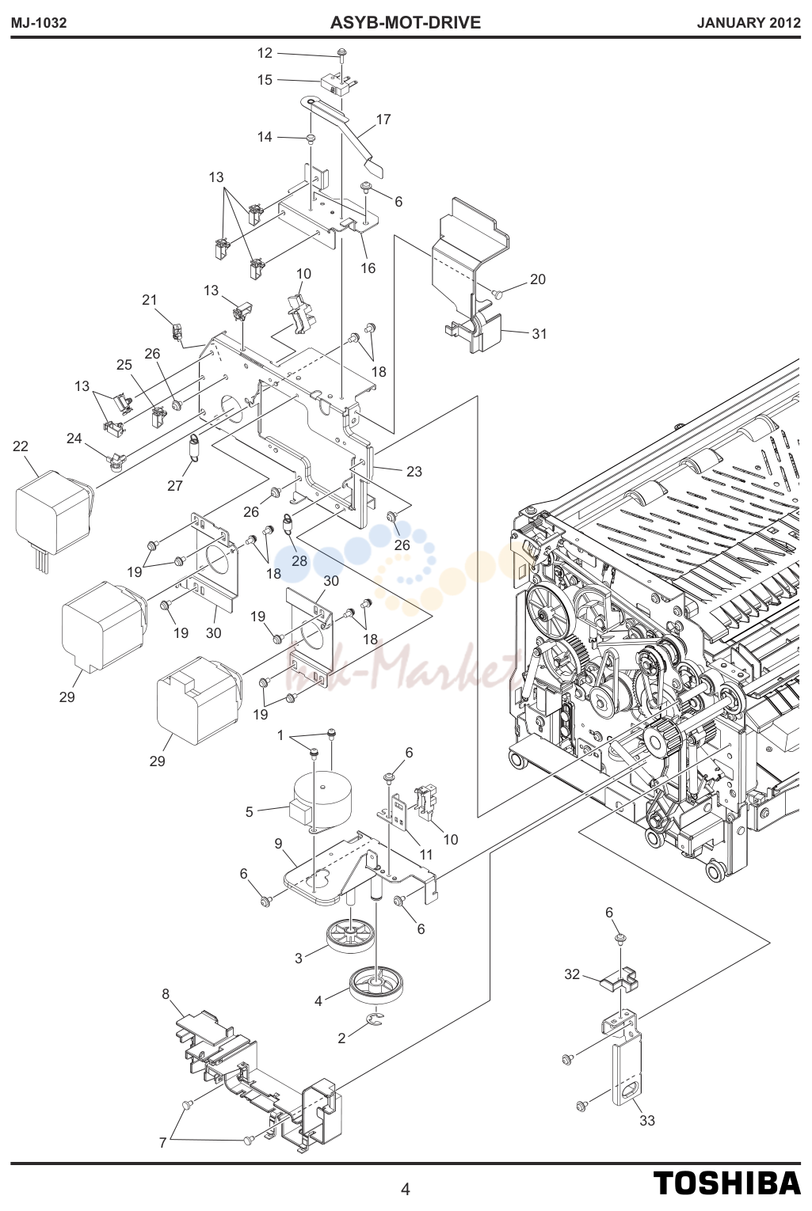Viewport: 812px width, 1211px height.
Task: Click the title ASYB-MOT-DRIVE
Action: [x=405, y=23]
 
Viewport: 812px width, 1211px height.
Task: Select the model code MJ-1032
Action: [x=39, y=23]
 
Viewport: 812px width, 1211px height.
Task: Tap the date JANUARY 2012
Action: [x=749, y=23]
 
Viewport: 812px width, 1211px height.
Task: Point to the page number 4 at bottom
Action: [x=405, y=1190]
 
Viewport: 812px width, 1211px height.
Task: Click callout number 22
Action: [x=21, y=446]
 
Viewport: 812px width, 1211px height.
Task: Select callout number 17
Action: [x=383, y=120]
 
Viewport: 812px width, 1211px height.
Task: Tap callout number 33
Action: [x=647, y=1122]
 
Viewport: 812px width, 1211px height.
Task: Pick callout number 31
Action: [x=539, y=334]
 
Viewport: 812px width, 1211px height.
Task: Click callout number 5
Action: [x=250, y=812]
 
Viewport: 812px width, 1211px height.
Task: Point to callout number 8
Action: [x=166, y=994]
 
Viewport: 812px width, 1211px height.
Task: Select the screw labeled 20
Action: [x=497, y=294]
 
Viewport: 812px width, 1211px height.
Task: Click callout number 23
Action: [x=414, y=472]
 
